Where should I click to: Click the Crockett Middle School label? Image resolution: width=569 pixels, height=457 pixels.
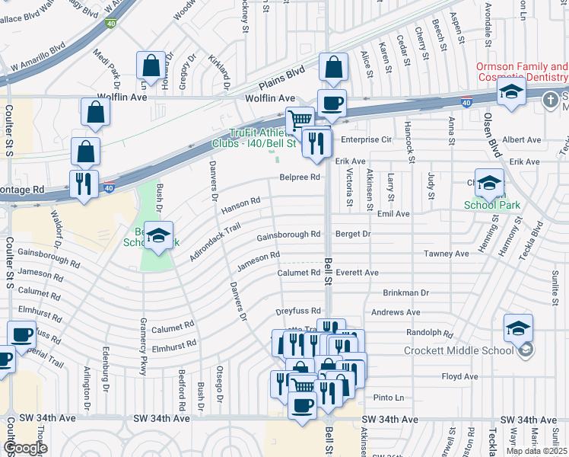[460, 350]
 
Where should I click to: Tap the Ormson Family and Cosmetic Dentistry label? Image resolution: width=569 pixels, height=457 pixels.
[522, 72]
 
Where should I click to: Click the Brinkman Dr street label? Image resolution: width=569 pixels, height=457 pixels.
[406, 292]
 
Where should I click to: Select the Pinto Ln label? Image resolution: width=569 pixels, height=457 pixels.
[388, 398]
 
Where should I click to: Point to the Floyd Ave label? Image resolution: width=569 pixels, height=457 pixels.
[460, 376]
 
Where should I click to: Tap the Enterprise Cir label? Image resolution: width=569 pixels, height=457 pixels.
[366, 140]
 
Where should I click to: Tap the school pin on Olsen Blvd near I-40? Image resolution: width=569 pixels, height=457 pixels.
[512, 94]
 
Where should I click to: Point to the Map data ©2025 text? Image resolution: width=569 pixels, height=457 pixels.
[536, 451]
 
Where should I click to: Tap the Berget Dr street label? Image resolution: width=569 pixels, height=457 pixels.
[353, 235]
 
